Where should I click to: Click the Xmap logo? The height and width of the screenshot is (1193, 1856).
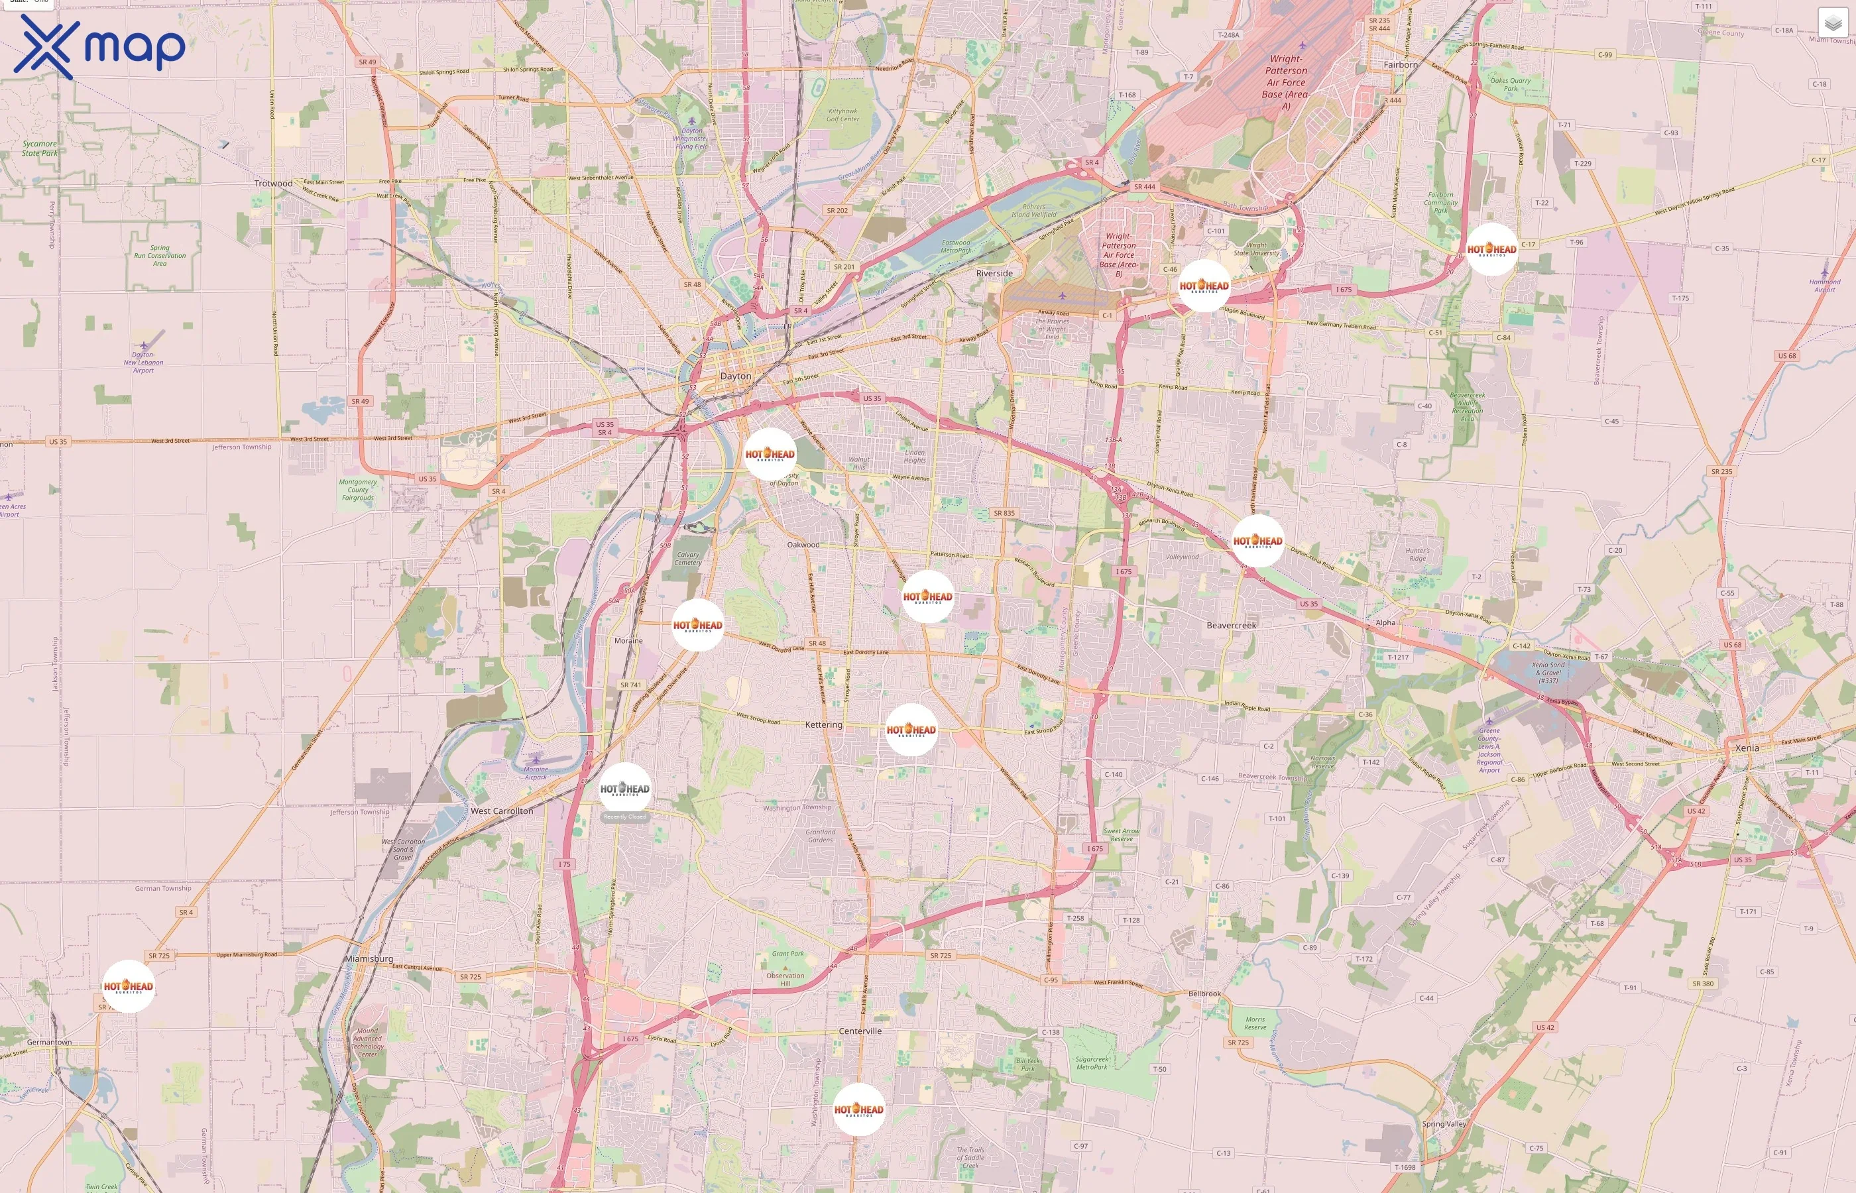coord(99,46)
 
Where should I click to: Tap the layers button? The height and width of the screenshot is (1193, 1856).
coord(1832,24)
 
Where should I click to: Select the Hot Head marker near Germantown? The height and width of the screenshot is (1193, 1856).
coord(128,986)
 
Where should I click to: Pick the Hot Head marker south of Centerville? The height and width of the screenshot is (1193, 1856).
coord(858,1109)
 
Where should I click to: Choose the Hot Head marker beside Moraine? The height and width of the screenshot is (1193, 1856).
coord(697,624)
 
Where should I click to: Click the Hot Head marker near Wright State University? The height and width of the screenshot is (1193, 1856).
coord(1204,286)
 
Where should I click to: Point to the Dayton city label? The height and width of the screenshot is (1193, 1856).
coord(735,376)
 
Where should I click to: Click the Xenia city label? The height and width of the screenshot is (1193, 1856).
coord(1747,748)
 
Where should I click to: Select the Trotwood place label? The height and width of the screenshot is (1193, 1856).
coord(274,184)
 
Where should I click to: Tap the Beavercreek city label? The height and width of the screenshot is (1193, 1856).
coord(1231,625)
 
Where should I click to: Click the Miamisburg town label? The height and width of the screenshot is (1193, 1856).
coord(369,958)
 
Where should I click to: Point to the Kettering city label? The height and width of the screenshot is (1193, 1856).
coord(823,724)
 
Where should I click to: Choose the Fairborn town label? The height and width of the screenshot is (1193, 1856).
coord(1401,65)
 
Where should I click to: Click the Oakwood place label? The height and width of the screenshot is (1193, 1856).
coord(803,545)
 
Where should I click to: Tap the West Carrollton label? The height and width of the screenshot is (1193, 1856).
coord(502,811)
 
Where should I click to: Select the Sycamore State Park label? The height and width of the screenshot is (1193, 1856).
coord(40,148)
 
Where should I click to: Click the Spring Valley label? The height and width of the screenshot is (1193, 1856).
coord(1444,1123)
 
